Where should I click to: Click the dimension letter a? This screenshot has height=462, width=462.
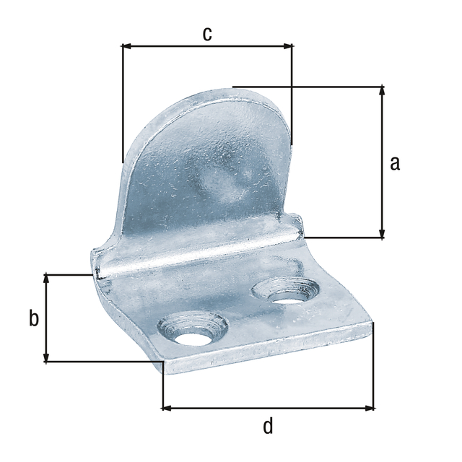coord(394,163)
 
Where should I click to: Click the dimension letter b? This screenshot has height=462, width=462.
coord(33,318)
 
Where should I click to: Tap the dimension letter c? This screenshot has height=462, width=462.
coord(207,34)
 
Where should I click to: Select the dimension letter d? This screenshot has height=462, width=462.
coord(268,426)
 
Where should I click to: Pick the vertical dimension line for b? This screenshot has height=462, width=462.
coord(47,339)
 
